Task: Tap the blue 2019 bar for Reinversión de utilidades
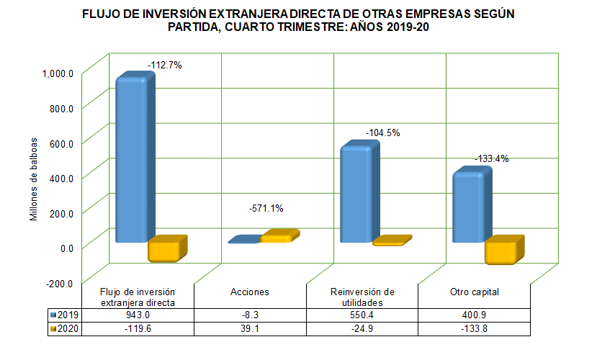pos(356,194)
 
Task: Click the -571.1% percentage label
pos(266,209)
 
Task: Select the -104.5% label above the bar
pos(382,133)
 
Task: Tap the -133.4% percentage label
pos(491,159)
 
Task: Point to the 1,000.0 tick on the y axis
pos(58,73)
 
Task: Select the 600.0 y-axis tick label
pos(61,143)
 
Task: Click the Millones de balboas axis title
pos(34,177)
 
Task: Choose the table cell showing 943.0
pos(138,315)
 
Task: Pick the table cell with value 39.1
pos(250,328)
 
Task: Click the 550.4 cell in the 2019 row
pos(362,315)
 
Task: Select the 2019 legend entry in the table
pos(65,315)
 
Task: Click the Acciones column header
pos(250,292)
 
